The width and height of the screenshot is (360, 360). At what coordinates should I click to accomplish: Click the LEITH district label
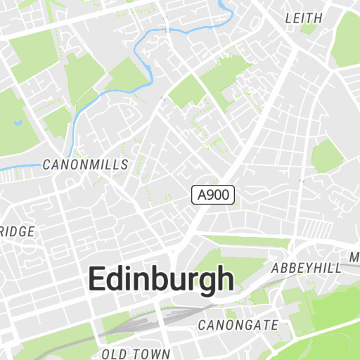[x=304, y=18]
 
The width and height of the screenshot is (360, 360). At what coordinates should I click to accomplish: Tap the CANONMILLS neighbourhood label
[x=86, y=165]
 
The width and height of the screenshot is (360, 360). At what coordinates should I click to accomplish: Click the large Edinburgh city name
[x=160, y=279]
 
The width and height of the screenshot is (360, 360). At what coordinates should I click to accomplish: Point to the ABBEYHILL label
[x=306, y=268]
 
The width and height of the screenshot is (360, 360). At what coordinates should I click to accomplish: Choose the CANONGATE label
[x=238, y=325]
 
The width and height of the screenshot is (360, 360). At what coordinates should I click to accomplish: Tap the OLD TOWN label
[x=136, y=354]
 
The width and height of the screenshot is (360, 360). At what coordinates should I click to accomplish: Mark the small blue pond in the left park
[x=18, y=124]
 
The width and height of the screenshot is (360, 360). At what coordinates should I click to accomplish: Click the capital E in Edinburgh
[x=97, y=279]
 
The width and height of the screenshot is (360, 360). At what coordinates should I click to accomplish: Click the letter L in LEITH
[x=288, y=18]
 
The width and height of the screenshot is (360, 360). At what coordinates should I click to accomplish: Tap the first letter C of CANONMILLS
[x=46, y=165]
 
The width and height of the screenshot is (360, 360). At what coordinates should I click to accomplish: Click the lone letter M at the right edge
[x=355, y=256]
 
